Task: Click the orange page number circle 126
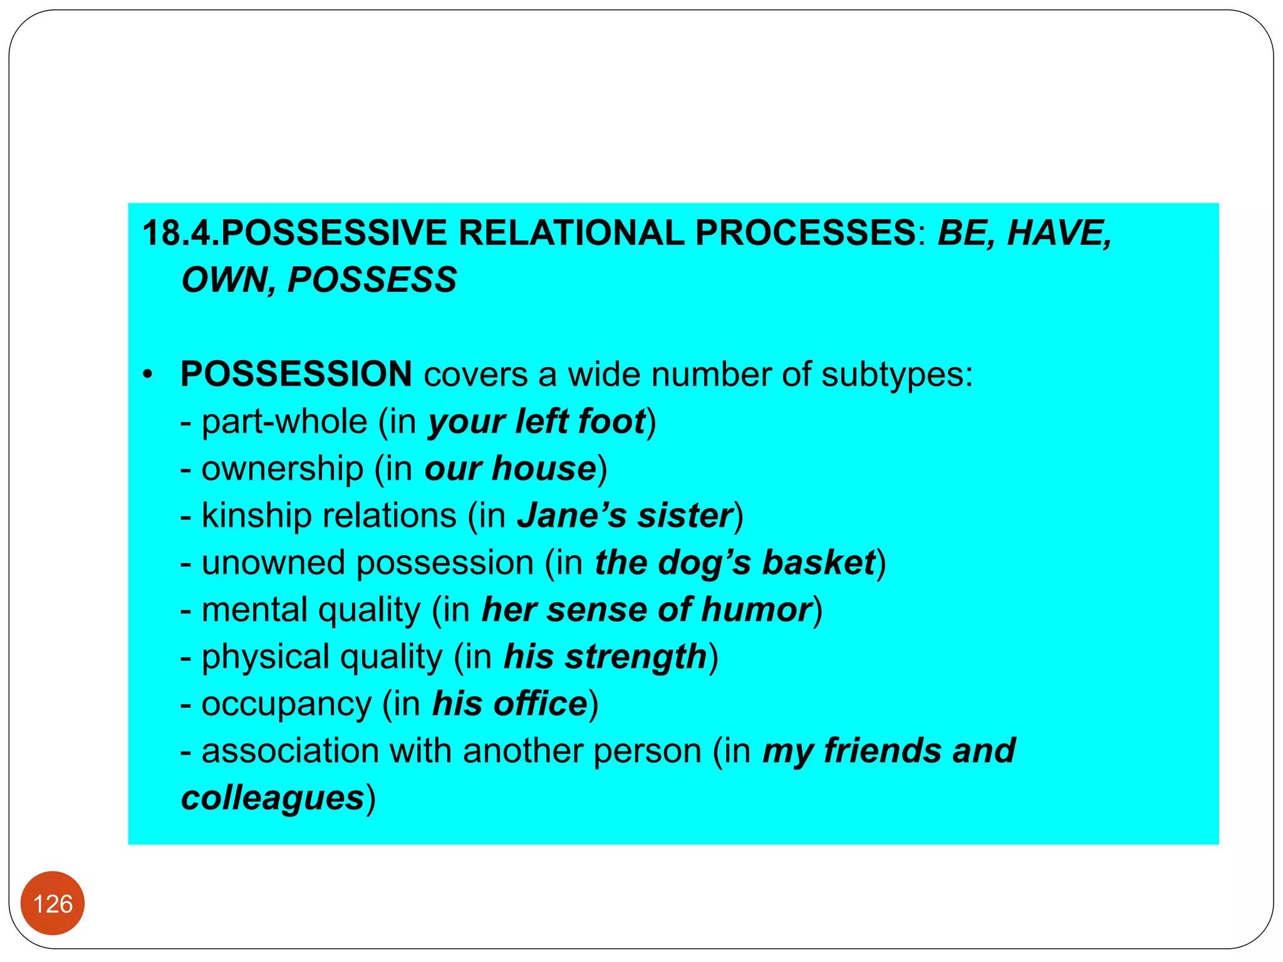coord(53,903)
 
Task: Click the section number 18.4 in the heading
coord(180,233)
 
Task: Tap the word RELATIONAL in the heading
coord(571,233)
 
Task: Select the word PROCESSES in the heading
coord(806,233)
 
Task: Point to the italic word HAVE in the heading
coord(1059,233)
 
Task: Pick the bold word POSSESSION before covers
coord(296,375)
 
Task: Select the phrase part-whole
coord(284,422)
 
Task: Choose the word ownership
coord(282,469)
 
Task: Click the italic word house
coord(544,469)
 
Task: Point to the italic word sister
coord(685,516)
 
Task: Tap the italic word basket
coord(818,563)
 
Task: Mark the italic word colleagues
coord(273,799)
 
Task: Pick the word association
coord(290,751)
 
